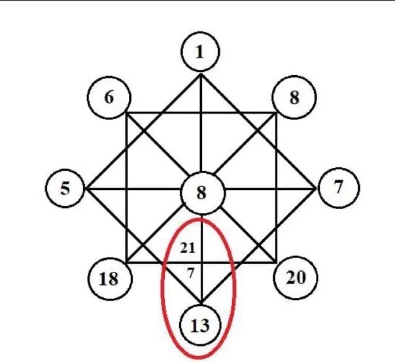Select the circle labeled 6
(109, 97)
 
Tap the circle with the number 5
(65, 189)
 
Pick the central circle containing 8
(201, 193)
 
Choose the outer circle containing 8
(294, 98)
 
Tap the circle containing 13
(201, 324)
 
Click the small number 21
(189, 248)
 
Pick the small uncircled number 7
(190, 273)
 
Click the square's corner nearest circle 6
(126, 113)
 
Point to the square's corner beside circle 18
(126, 264)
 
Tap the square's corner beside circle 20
(276, 264)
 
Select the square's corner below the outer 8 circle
(276, 113)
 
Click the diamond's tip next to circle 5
(87, 189)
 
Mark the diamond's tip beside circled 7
(316, 189)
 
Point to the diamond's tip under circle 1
(201, 74)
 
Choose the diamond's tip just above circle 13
(201, 303)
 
